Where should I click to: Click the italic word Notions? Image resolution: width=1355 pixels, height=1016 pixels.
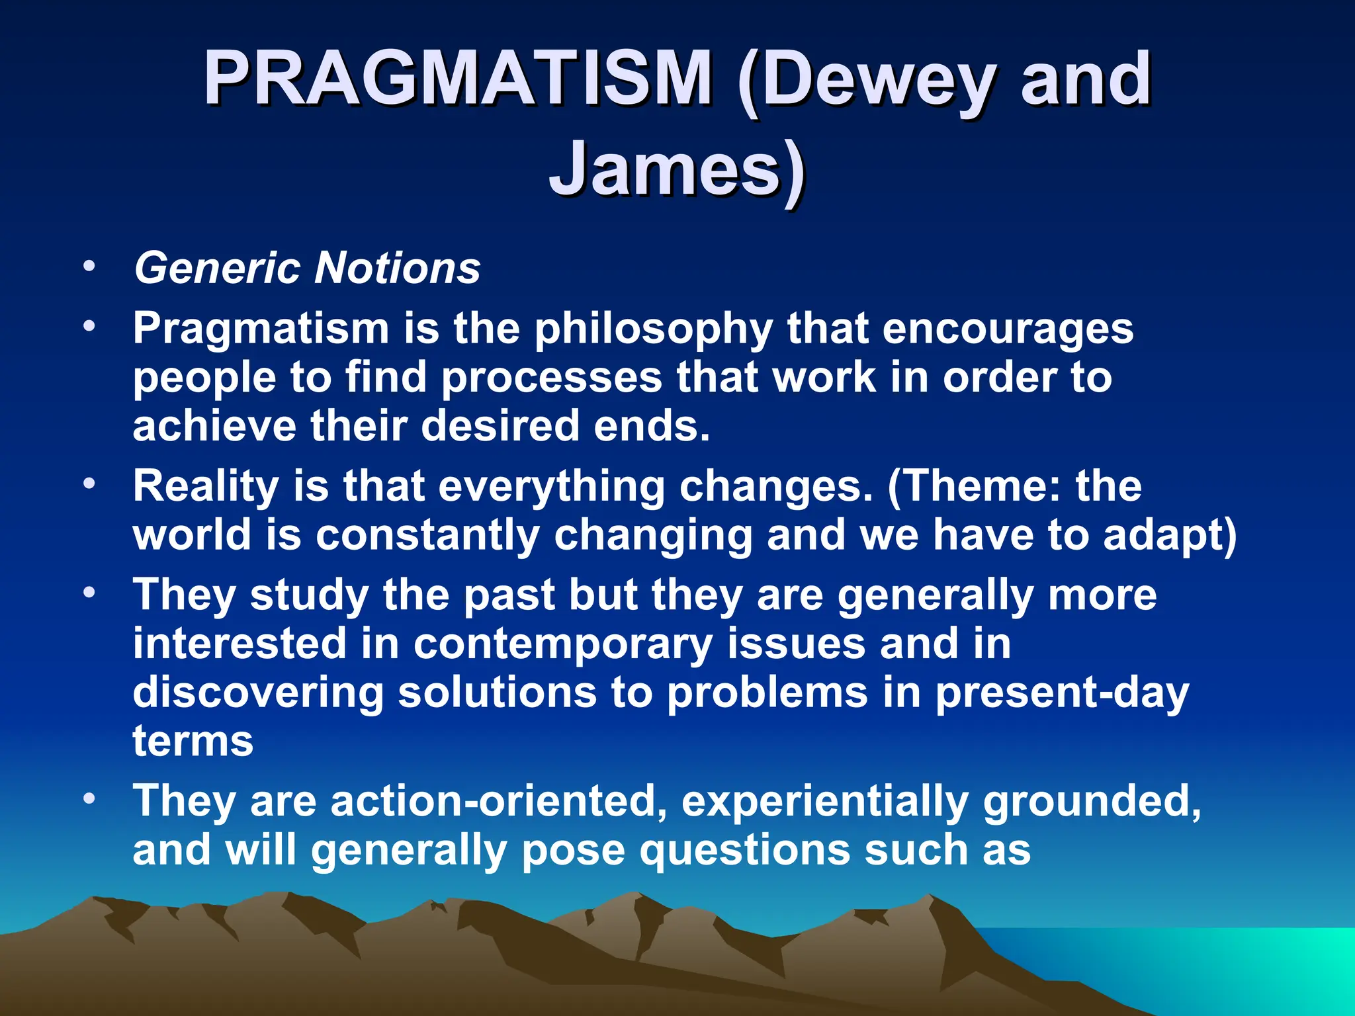tap(397, 269)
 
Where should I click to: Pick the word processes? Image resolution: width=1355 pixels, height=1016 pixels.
tap(552, 378)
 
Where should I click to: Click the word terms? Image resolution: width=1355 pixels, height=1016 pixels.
tap(193, 741)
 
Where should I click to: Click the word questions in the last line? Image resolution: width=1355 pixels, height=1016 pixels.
tap(745, 850)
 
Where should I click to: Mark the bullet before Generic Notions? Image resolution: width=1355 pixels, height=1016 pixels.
tap(89, 268)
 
